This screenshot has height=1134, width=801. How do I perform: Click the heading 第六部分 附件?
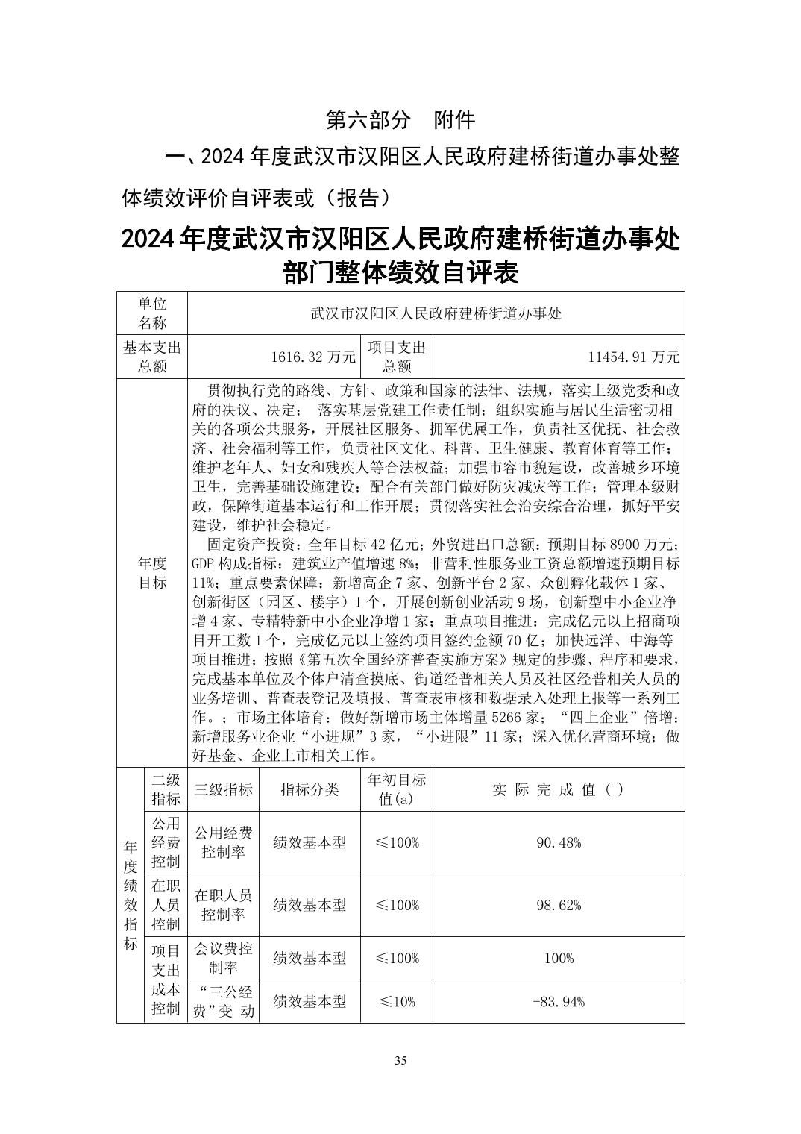[x=400, y=119]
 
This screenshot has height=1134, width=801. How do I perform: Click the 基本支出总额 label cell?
[x=152, y=357]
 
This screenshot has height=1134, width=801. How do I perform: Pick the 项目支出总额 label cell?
[x=397, y=357]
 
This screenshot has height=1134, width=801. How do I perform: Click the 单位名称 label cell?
[x=152, y=313]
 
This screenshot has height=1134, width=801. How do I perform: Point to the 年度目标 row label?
[x=152, y=572]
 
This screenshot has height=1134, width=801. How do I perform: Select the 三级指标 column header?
[x=223, y=789]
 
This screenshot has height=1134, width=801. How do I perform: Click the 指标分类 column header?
[x=310, y=789]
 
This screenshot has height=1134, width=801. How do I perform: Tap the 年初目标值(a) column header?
[x=397, y=789]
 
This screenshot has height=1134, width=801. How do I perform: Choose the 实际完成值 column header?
[x=558, y=789]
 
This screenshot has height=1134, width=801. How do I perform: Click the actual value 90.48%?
[x=558, y=842]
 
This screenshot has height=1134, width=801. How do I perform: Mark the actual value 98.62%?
[x=558, y=905]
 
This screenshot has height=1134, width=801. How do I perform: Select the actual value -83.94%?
[x=558, y=1001]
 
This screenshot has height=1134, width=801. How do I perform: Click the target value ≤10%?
[x=397, y=1001]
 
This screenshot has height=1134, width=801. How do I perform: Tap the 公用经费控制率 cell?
[x=223, y=842]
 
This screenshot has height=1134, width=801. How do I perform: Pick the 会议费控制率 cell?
[x=223, y=958]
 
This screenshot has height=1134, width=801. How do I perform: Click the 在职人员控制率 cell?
[x=223, y=905]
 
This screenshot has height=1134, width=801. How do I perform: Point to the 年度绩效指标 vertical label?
[x=131, y=895]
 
